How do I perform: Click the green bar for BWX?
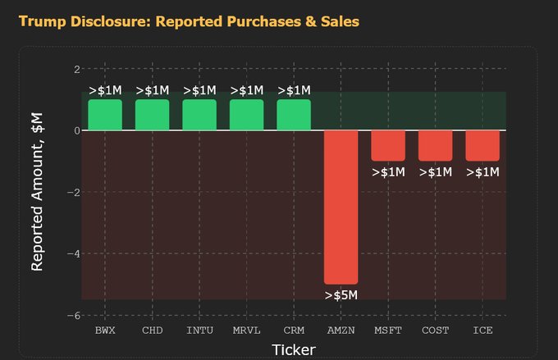pyautogui.click(x=105, y=115)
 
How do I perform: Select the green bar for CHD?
pyautogui.click(x=153, y=115)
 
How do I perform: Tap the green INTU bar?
pyautogui.click(x=199, y=115)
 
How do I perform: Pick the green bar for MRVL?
pyautogui.click(x=247, y=115)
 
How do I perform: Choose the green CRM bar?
pyautogui.click(x=294, y=115)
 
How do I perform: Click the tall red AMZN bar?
pyautogui.click(x=341, y=207)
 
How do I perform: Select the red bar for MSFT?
pyautogui.click(x=388, y=146)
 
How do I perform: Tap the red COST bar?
pyautogui.click(x=435, y=146)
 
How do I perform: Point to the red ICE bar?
pyautogui.click(x=483, y=146)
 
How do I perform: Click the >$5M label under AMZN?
pyautogui.click(x=341, y=295)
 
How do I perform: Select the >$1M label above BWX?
pyautogui.click(x=105, y=90)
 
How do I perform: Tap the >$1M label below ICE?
pyautogui.click(x=483, y=172)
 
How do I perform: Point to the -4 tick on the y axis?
pyautogui.click(x=74, y=253)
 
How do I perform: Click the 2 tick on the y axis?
pyautogui.click(x=77, y=69)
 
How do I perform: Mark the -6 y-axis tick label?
pyautogui.click(x=74, y=316)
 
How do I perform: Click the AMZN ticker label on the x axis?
pyautogui.click(x=341, y=330)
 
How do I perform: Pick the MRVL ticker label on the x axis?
pyautogui.click(x=247, y=330)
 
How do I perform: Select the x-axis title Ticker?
pyautogui.click(x=294, y=350)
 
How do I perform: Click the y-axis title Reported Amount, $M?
pyautogui.click(x=37, y=192)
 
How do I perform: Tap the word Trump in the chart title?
pyautogui.click(x=43, y=22)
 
